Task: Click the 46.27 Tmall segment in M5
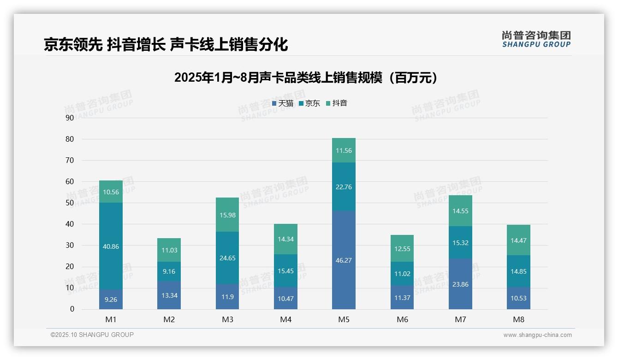click(344, 260)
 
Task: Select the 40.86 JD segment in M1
click(111, 246)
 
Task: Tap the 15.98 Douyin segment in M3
click(227, 215)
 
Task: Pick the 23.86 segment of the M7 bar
click(460, 284)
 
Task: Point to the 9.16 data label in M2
click(169, 272)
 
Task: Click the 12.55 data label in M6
click(402, 249)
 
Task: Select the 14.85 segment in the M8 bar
click(518, 271)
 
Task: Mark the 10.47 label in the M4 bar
click(285, 299)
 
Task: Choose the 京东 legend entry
click(309, 103)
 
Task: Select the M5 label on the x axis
click(344, 319)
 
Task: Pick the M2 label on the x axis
click(169, 319)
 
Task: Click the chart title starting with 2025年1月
click(306, 78)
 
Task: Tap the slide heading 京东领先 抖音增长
click(166, 44)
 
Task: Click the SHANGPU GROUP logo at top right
click(536, 39)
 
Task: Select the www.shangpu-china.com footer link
click(537, 335)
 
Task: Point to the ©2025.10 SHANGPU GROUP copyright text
click(92, 335)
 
